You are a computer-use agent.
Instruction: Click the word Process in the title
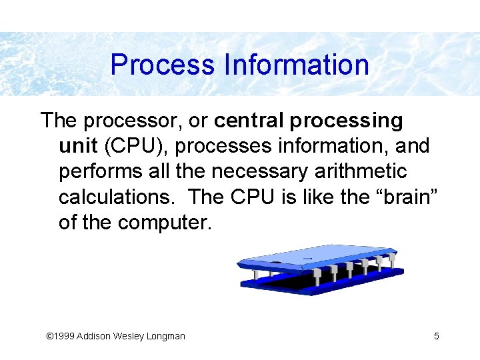click(163, 65)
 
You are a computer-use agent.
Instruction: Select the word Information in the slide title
click(297, 65)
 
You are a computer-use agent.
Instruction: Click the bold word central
click(246, 121)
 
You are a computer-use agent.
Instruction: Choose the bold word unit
click(77, 146)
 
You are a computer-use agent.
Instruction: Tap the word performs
click(101, 171)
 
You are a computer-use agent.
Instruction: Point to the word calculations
click(117, 197)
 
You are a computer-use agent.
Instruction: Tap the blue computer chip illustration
click(320, 269)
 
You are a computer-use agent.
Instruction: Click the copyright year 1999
click(63, 336)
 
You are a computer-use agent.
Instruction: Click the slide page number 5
click(437, 336)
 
